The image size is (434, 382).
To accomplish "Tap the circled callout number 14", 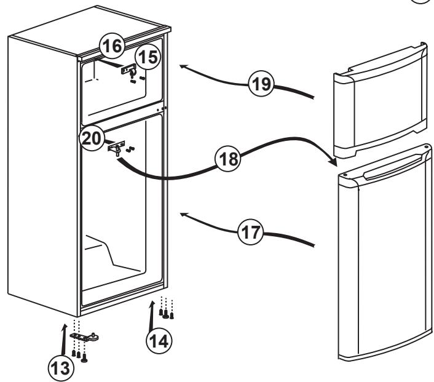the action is coord(159,340).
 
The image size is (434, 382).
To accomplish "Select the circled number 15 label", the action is coord(148,57).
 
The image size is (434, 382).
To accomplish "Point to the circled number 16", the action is coord(112,46).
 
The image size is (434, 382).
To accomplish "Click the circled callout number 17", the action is coord(251,232).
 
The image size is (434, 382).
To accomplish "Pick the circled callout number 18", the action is coord(229,159).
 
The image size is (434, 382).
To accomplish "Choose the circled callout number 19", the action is coord(261,84).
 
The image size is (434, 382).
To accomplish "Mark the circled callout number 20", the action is coord(92,138).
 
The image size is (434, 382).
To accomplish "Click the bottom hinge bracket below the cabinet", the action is coord(84,336).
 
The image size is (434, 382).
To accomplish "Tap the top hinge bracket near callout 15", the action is coord(128,70).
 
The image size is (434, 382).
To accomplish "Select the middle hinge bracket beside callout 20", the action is coord(117,147).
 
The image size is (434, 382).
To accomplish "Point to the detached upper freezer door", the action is coord(381,100).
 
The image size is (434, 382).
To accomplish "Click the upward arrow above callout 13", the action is coord(64,339).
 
